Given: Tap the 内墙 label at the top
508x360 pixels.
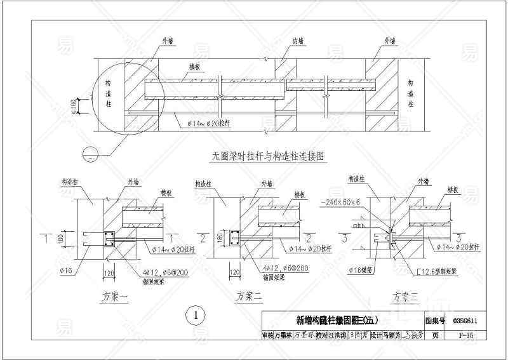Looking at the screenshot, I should (298, 41).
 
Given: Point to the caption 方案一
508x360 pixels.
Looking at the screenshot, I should (115, 295).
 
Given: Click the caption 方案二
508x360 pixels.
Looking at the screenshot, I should (248, 295).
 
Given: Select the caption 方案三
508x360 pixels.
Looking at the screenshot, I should (406, 296).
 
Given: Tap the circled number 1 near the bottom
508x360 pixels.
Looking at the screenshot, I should (197, 314).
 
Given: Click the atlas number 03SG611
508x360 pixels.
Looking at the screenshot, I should (465, 321).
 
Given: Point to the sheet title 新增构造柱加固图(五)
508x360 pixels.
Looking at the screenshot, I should (342, 321).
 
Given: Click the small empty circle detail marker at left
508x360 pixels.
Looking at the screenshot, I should (90, 153).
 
